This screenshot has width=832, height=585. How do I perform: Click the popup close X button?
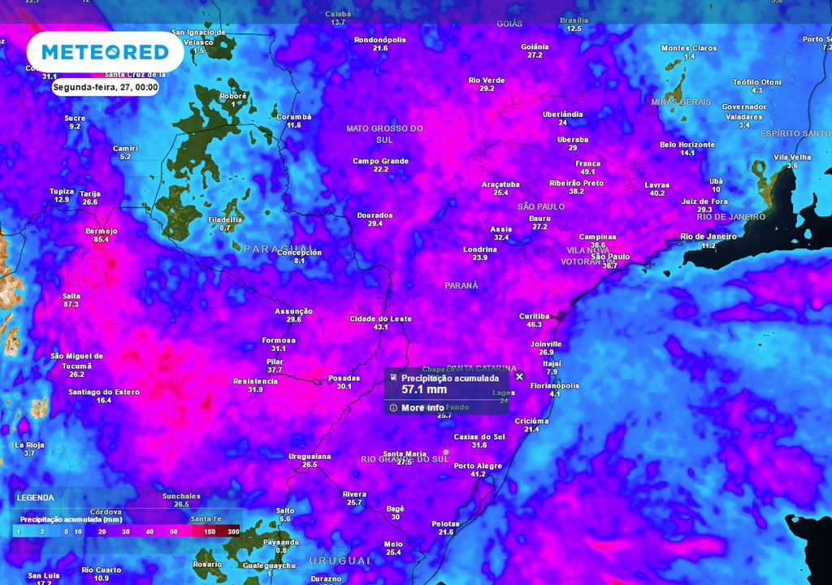click(519, 376)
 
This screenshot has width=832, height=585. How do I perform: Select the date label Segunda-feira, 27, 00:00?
click(106, 87)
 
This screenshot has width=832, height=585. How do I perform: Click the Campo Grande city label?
click(380, 161)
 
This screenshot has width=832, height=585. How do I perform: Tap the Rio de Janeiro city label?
click(708, 236)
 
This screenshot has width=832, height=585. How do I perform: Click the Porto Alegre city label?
click(478, 466)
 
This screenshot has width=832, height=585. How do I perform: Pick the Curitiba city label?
click(534, 316)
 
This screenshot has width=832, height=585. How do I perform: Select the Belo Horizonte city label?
click(687, 145)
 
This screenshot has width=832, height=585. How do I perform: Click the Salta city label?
click(71, 296)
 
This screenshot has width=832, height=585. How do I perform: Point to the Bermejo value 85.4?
click(102, 240)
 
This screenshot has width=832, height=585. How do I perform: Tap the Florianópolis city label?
click(555, 385)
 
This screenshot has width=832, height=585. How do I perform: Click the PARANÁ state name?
click(461, 285)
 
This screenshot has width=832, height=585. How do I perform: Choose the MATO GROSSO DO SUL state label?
click(384, 133)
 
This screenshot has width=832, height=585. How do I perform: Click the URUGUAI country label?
click(339, 561)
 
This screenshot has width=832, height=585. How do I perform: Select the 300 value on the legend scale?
click(233, 531)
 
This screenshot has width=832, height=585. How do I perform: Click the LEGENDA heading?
click(35, 497)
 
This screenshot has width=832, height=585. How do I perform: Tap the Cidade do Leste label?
click(380, 318)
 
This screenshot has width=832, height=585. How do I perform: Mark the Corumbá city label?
click(294, 117)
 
